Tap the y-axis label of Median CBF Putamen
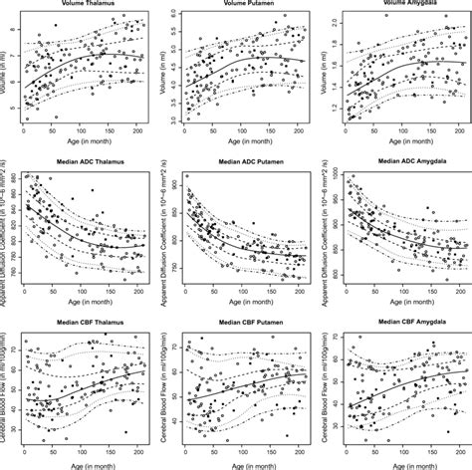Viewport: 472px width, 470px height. coord(165,392)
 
